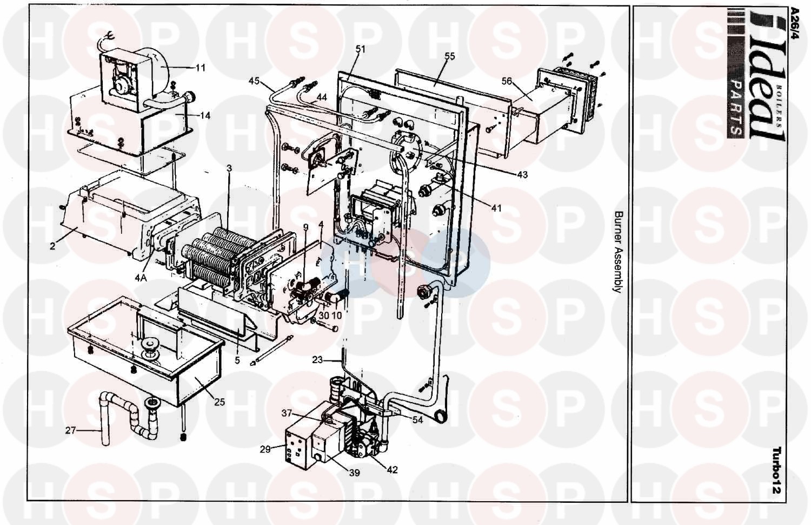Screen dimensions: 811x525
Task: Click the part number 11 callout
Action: (x=200, y=68)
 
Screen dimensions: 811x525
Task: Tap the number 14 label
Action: (x=205, y=116)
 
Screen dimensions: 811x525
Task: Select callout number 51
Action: (x=360, y=49)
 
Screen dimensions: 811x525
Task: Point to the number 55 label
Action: (x=449, y=56)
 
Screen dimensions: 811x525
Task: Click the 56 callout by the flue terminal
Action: (x=507, y=81)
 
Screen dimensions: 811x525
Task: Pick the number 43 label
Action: (x=522, y=175)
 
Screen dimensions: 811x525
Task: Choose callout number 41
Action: (x=496, y=208)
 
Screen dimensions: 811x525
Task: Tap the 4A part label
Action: (x=141, y=278)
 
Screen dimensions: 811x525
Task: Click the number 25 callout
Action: (x=219, y=402)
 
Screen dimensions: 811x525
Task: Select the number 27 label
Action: (x=71, y=430)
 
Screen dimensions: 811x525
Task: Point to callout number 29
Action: (x=265, y=449)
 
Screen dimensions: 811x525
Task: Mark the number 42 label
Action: (x=392, y=470)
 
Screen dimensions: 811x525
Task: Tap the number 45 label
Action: (x=254, y=81)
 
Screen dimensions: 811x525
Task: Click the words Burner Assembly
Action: (x=618, y=252)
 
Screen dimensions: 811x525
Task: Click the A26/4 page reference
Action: (x=794, y=24)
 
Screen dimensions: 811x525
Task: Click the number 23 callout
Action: (x=317, y=360)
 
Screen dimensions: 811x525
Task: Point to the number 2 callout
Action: (x=53, y=246)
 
